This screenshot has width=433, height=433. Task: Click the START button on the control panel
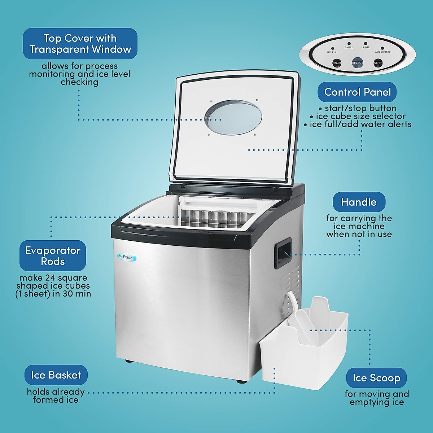(x=337, y=63)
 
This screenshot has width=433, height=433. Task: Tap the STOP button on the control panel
(x=378, y=63)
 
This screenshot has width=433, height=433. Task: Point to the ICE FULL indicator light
(x=333, y=48)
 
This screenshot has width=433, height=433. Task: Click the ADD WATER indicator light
(x=382, y=48)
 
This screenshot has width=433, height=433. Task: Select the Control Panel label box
(x=357, y=92)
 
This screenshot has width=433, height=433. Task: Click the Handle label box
(x=359, y=202)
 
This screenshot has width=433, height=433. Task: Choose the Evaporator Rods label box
(x=53, y=255)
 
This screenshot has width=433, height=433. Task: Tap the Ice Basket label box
(x=56, y=375)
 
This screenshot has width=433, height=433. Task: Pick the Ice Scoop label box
(x=376, y=378)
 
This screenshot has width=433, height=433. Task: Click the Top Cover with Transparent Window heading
(x=80, y=44)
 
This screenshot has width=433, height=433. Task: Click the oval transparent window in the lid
(x=233, y=118)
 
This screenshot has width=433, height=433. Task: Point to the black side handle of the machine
(x=283, y=253)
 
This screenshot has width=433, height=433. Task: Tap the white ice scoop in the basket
(x=306, y=323)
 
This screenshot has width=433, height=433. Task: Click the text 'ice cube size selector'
(x=360, y=116)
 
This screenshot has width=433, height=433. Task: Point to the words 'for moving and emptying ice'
(x=377, y=398)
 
